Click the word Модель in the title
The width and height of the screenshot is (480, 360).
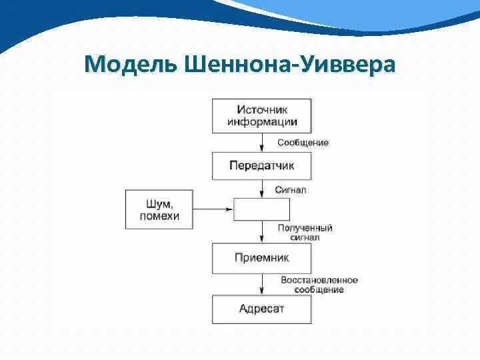[x=127, y=65]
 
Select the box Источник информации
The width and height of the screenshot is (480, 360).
[x=261, y=115]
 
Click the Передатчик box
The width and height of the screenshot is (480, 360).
[x=261, y=166]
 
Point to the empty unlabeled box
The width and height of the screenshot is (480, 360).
[x=261, y=209]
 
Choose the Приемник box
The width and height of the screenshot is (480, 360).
[x=261, y=258]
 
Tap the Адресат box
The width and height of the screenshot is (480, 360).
[x=261, y=309]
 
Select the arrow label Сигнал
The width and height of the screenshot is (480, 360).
[x=291, y=189]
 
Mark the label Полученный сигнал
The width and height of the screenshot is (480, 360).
[x=305, y=232]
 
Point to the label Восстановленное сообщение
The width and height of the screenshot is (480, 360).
[x=319, y=285]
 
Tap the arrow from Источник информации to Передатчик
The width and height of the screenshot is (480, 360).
[x=261, y=142]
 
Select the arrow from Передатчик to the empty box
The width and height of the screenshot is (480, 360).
[x=261, y=189]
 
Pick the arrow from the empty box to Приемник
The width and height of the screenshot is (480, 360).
[x=261, y=232]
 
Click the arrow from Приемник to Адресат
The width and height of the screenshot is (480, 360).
[x=261, y=284]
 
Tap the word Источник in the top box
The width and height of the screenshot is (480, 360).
[x=261, y=109]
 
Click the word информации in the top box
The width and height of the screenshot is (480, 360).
[x=261, y=122]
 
